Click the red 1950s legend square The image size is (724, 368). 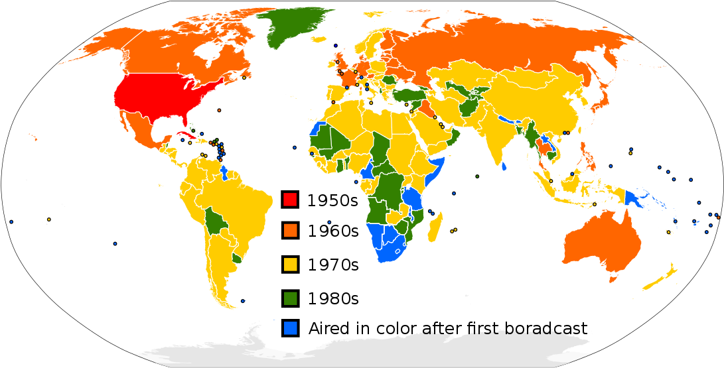click(x=289, y=200)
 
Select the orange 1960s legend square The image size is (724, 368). click(x=289, y=231)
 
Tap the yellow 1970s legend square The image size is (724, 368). click(x=289, y=265)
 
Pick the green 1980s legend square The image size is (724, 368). click(x=289, y=298)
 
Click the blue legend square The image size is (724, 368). click(x=289, y=328)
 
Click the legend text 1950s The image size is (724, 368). click(x=332, y=200)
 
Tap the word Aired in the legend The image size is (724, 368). click(x=327, y=328)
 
